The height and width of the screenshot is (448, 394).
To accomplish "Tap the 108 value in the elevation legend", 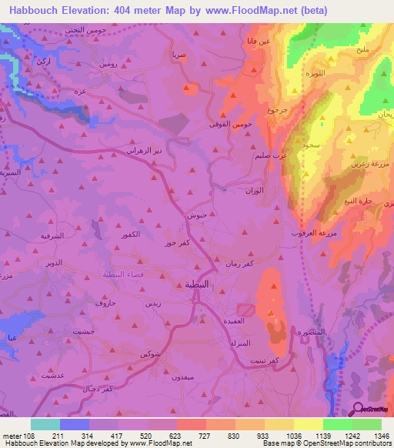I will coord(25,435).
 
